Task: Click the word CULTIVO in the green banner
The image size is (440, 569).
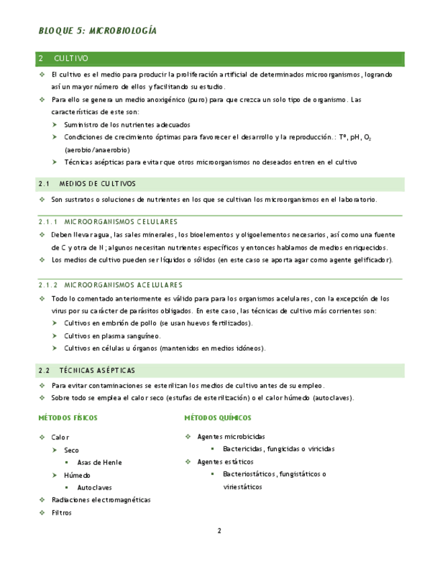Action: [71, 59]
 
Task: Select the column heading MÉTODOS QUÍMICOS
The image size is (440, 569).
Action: [218, 418]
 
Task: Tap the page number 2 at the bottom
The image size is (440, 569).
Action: [219, 531]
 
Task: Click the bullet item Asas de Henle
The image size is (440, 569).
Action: [99, 462]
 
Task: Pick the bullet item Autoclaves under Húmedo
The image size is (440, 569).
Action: [94, 487]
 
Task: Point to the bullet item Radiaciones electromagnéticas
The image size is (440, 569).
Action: [101, 500]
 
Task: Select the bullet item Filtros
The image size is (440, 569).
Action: [61, 513]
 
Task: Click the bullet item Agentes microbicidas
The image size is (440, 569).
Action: [230, 436]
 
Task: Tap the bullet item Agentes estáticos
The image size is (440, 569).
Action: [225, 462]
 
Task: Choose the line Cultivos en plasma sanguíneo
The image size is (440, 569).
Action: [112, 335]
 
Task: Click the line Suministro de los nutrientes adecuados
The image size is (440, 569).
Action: [127, 125]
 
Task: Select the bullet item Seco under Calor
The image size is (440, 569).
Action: [71, 450]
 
